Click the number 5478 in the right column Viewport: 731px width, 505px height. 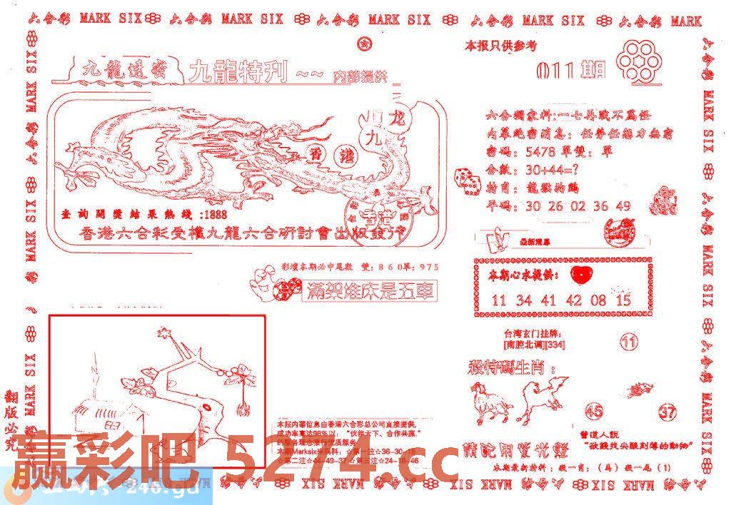pyautogui.click(x=538, y=152)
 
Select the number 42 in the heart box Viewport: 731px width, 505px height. pyautogui.click(x=574, y=300)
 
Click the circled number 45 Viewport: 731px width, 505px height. pyautogui.click(x=593, y=411)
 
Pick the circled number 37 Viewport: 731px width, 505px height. pyautogui.click(x=667, y=412)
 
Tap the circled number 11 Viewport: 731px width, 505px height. pyautogui.click(x=628, y=343)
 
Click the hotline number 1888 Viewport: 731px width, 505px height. pyautogui.click(x=215, y=215)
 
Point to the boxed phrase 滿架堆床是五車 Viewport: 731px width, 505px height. pyautogui.click(x=380, y=291)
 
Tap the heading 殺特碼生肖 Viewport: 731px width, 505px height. pyautogui.click(x=509, y=369)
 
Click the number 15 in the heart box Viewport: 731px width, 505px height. pyautogui.click(x=622, y=300)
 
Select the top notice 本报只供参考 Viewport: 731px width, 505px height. pyautogui.click(x=500, y=46)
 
